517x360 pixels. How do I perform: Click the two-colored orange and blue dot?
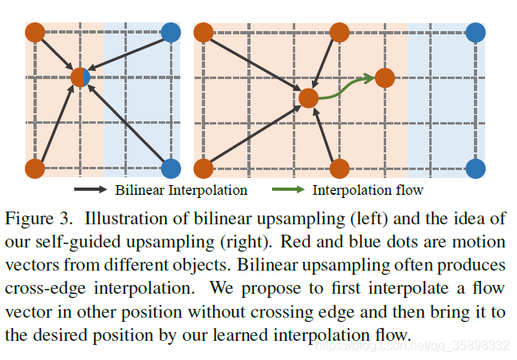81,77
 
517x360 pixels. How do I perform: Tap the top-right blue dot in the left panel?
171,33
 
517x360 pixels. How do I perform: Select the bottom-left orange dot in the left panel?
34,168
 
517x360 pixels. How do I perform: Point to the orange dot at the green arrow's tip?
385,77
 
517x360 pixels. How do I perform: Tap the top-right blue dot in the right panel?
476,33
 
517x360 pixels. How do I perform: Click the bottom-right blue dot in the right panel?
476,168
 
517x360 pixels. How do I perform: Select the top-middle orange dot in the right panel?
339,33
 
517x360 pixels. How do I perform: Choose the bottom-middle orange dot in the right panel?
339,168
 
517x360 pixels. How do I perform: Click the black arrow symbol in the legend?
91,190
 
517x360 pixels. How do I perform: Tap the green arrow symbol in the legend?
288,190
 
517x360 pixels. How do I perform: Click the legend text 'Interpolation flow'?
368,190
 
